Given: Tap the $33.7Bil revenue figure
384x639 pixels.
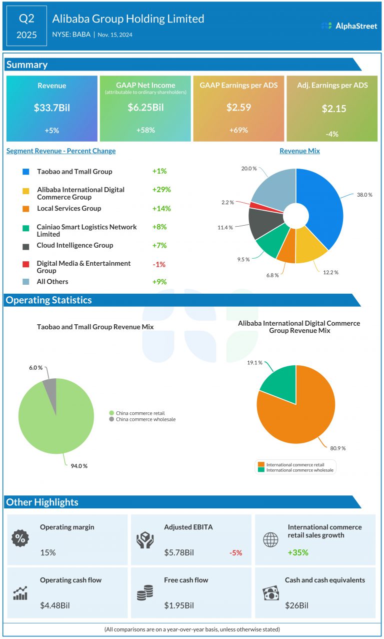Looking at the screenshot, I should (x=51, y=108).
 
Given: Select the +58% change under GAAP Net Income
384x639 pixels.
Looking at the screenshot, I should (x=145, y=130).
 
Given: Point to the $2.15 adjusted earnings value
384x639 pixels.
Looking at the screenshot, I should (x=333, y=109).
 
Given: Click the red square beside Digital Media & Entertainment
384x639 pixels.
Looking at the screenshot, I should (x=25, y=264).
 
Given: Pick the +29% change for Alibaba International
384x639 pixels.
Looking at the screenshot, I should (x=161, y=190).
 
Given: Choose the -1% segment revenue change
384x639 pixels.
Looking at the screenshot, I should (x=159, y=264).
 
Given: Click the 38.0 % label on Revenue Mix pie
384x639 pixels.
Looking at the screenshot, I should (x=363, y=195).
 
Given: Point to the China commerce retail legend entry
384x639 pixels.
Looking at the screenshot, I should (x=135, y=413).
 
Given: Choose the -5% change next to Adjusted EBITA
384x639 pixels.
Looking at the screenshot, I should (x=235, y=553).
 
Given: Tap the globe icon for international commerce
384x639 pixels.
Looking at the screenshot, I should (x=270, y=539).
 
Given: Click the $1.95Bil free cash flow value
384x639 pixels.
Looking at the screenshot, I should (x=179, y=605).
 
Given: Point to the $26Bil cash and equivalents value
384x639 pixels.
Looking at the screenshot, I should (x=297, y=605).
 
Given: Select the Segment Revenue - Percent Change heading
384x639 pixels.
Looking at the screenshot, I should (x=61, y=151).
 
